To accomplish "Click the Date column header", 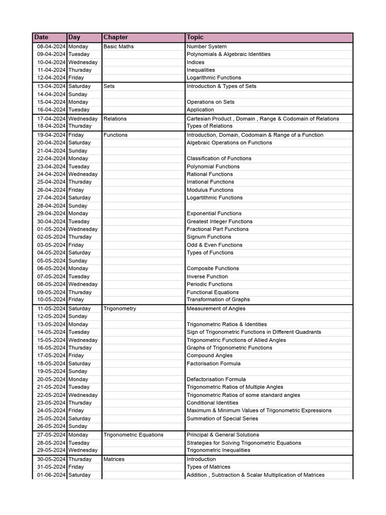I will tap(41, 37).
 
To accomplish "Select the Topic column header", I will tap(195, 37).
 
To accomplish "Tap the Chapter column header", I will tap(116, 37).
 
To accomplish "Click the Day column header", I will tap(74, 37).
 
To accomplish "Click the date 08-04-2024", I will tap(51, 46).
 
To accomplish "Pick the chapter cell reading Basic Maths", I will tap(119, 46).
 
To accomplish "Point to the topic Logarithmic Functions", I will tap(214, 77).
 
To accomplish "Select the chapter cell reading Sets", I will tap(109, 86).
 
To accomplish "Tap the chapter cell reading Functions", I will tap(116, 135).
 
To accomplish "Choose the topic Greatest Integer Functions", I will tap(220, 221).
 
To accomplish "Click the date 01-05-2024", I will tap(51, 229).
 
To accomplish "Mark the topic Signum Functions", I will tap(209, 237).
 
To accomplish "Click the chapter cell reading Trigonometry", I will tap(120, 308).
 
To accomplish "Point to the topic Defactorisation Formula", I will tap(216, 379).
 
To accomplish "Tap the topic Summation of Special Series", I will tap(222, 418).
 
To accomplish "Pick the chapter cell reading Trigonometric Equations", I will tap(133, 435).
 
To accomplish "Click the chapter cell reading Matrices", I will tap(114, 459).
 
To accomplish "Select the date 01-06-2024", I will tap(51, 475).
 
